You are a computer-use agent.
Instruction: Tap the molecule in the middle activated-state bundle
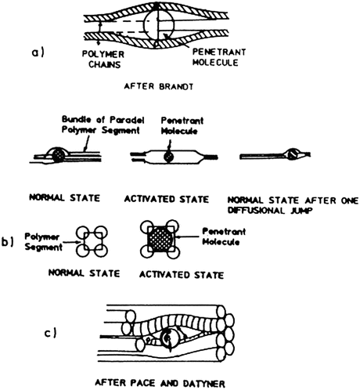pos(167,156)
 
